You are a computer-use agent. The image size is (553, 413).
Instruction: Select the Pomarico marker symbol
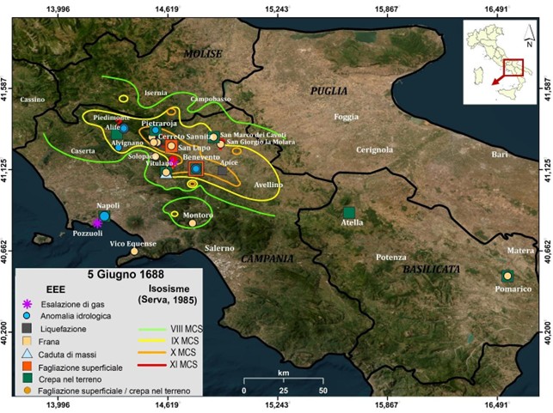(507, 276)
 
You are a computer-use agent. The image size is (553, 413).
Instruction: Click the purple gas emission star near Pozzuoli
(97, 222)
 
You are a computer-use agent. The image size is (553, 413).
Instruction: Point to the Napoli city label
(108, 206)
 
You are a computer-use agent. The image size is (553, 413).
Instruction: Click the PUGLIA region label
(329, 90)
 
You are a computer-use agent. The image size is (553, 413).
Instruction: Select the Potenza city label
(390, 258)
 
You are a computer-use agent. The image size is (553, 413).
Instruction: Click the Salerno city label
(218, 248)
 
